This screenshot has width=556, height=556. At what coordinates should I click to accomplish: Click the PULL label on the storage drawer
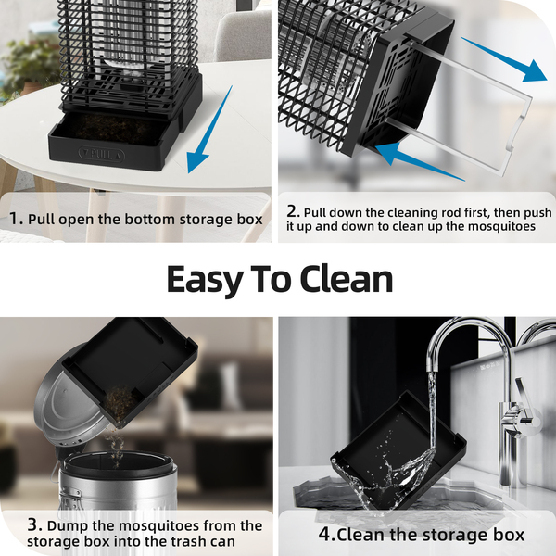pos(101,155)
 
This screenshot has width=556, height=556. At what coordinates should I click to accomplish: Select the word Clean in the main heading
pos(346,279)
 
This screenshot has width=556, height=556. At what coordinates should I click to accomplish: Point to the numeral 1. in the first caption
pos(16,219)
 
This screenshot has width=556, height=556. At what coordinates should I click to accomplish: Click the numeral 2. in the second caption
pos(293,211)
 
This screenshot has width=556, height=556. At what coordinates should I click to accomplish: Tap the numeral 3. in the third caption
pos(35,525)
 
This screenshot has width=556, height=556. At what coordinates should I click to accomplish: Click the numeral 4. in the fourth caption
pos(326,535)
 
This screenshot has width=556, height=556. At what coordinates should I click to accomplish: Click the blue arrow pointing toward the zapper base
pos(420,160)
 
